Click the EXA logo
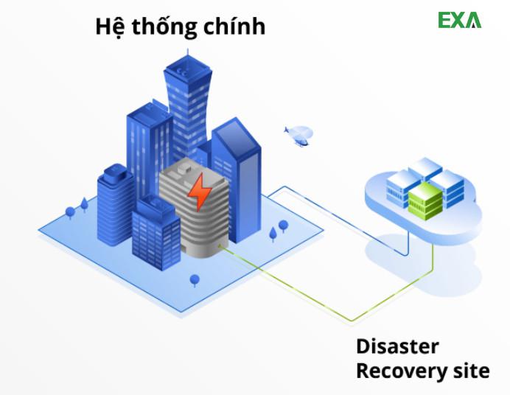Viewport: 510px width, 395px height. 459,20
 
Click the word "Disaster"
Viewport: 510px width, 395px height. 397,346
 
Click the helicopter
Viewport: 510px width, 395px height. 299,135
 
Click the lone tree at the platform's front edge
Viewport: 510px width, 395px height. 195,281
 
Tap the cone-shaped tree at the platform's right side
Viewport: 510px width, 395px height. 273,234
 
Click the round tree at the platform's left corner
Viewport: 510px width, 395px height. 70,213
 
